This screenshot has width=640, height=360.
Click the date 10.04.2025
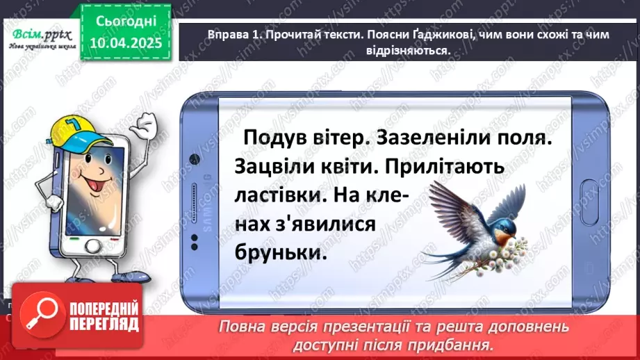click(126, 43)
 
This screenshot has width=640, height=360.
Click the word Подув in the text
click(272, 138)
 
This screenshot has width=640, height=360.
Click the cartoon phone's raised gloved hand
click(147, 124)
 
